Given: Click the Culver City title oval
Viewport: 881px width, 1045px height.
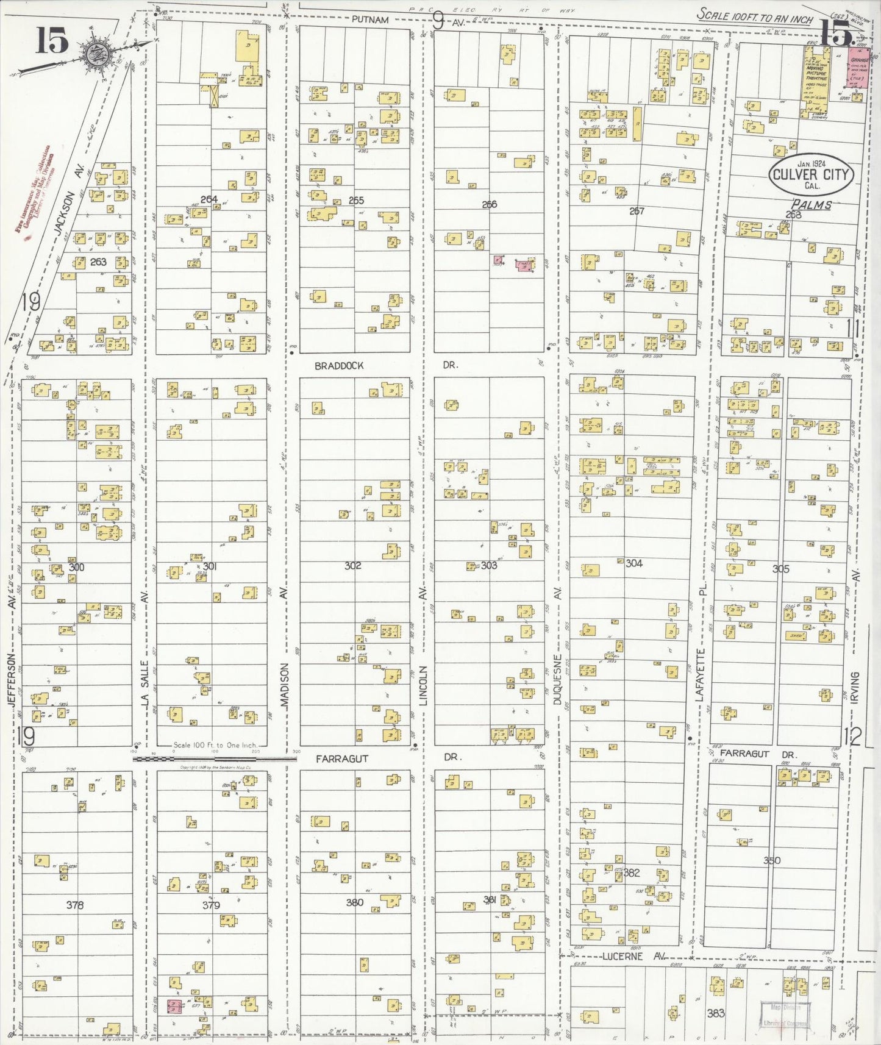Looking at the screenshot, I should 811,175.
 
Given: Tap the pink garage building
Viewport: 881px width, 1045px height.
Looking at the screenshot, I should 859,69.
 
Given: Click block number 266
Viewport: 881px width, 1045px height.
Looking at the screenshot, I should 489,204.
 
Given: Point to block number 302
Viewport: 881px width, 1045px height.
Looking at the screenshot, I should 352,566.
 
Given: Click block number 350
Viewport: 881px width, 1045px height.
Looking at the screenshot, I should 771,860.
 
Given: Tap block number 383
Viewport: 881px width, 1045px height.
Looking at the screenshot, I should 716,1013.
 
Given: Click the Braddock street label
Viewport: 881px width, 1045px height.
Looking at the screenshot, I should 339,366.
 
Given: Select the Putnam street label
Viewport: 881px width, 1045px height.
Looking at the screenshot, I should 369,20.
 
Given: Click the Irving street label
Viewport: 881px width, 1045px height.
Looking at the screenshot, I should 855,688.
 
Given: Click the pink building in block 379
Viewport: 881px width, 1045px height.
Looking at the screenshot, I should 173,1007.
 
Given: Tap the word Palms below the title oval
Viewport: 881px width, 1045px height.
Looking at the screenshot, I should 811,205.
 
